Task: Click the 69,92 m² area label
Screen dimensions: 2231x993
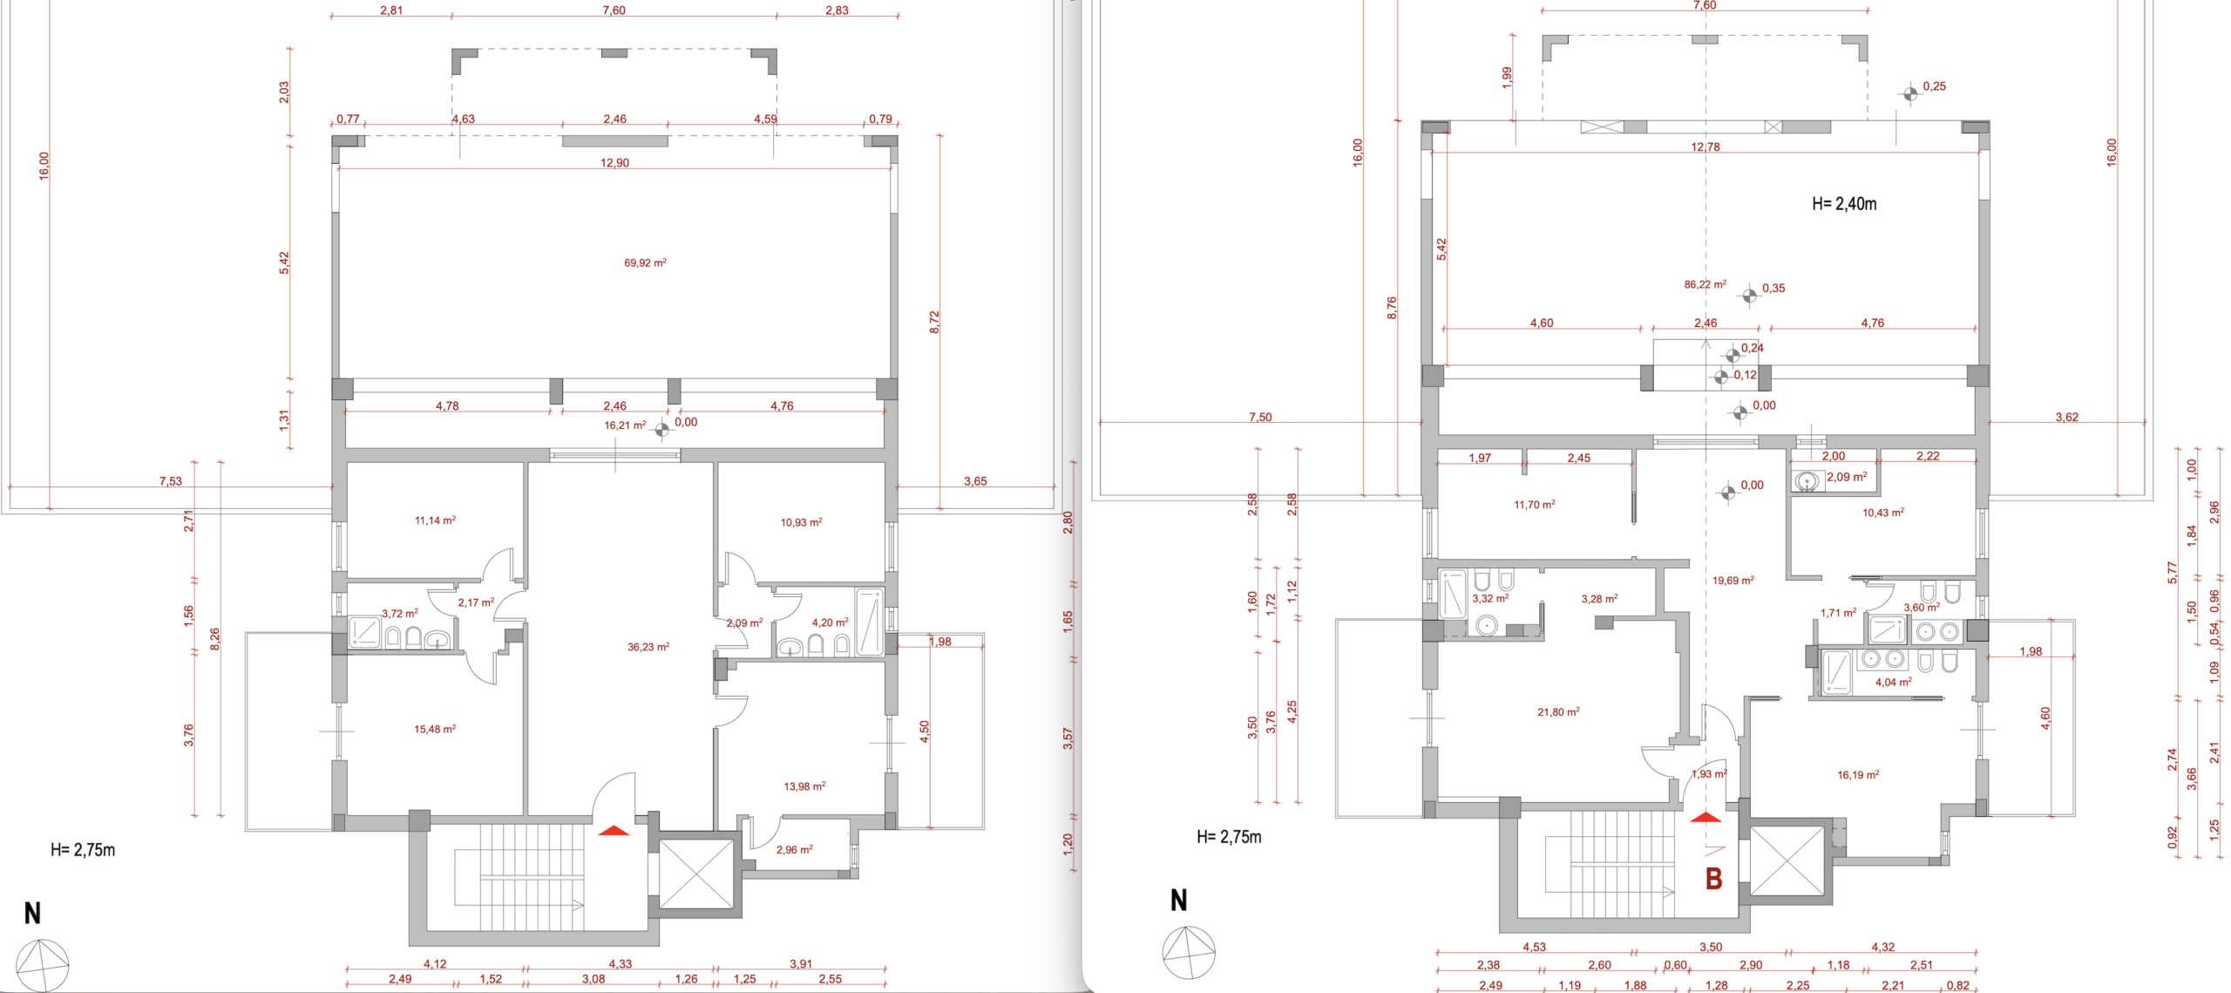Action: tap(645, 262)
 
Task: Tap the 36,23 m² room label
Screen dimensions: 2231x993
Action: tap(648, 647)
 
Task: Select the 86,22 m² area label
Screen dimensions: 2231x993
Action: tap(1705, 284)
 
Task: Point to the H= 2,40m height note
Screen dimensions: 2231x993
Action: tap(1844, 204)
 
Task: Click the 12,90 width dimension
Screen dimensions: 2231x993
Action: tap(614, 163)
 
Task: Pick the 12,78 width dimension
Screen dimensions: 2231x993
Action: tap(1705, 146)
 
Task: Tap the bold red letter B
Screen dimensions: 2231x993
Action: tap(1713, 879)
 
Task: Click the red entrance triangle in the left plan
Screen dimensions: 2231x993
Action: tap(614, 830)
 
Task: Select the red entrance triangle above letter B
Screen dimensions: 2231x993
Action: tap(1705, 817)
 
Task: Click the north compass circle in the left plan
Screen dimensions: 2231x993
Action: tap(44, 966)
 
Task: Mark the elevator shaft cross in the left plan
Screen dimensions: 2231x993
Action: tap(696, 874)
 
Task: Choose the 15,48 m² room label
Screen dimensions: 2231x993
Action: tap(435, 729)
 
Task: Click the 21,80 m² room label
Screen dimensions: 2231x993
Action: tap(1558, 712)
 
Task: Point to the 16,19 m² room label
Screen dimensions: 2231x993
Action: tap(1858, 774)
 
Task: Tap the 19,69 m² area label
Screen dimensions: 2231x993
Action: tap(1733, 581)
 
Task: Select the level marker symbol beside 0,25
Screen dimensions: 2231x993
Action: tap(1909, 93)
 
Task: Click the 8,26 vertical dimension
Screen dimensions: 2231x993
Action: tap(215, 638)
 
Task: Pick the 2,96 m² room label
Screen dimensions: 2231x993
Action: tap(795, 849)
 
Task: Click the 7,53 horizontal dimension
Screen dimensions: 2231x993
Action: tap(171, 481)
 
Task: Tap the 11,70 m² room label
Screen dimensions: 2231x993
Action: tap(1535, 505)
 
